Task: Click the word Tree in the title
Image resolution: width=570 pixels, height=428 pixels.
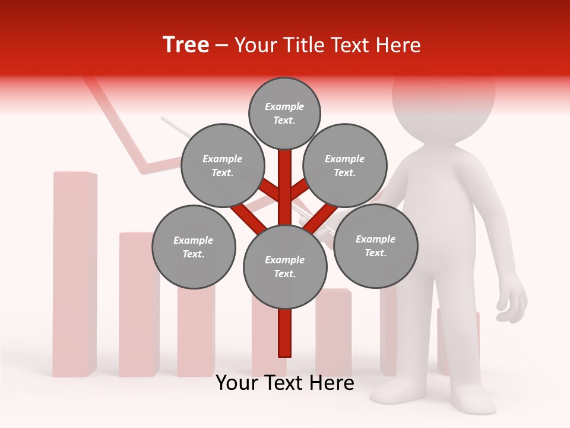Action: [x=186, y=45]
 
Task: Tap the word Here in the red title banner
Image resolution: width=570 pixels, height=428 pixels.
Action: [x=397, y=45]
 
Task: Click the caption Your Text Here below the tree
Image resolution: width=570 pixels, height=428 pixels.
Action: [x=285, y=383]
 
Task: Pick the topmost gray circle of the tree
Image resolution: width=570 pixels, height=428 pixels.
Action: [x=284, y=114]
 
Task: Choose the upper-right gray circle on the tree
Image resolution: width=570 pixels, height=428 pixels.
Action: [x=345, y=165]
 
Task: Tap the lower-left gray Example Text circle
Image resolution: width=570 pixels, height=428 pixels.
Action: [x=194, y=247]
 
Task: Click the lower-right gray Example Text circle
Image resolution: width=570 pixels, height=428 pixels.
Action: [x=376, y=246]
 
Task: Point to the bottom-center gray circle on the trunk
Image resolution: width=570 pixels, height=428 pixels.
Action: [x=285, y=267]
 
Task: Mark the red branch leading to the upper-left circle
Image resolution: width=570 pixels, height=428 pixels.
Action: [x=270, y=190]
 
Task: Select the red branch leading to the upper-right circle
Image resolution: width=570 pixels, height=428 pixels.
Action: [x=299, y=188]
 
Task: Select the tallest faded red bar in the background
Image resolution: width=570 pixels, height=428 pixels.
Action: [x=75, y=273]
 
